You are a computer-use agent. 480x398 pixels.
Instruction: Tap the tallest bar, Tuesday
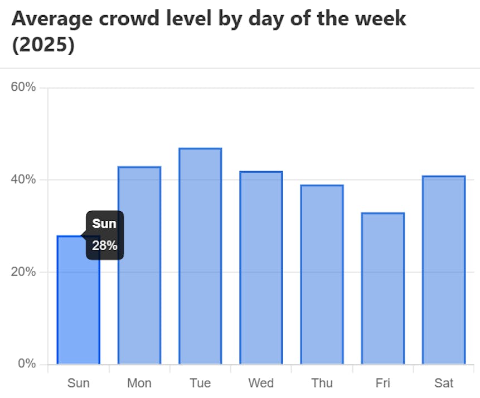tap(200, 256)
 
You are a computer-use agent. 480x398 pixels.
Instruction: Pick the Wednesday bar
tap(261, 268)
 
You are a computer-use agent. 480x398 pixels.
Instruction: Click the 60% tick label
tap(23, 88)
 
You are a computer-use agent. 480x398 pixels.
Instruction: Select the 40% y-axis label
tap(23, 179)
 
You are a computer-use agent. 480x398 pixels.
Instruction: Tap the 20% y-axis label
tap(23, 272)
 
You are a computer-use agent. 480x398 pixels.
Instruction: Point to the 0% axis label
tap(27, 364)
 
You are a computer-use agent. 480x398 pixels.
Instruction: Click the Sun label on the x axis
tap(78, 383)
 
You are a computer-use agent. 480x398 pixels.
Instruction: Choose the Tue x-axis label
tap(200, 383)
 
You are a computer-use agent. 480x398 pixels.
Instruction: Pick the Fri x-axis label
tap(382, 383)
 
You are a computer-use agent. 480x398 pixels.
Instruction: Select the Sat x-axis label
tap(443, 383)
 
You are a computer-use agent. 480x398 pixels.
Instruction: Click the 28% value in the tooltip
tap(105, 245)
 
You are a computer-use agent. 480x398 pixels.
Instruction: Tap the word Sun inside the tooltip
tap(104, 224)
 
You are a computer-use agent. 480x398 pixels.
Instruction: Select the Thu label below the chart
tap(322, 383)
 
